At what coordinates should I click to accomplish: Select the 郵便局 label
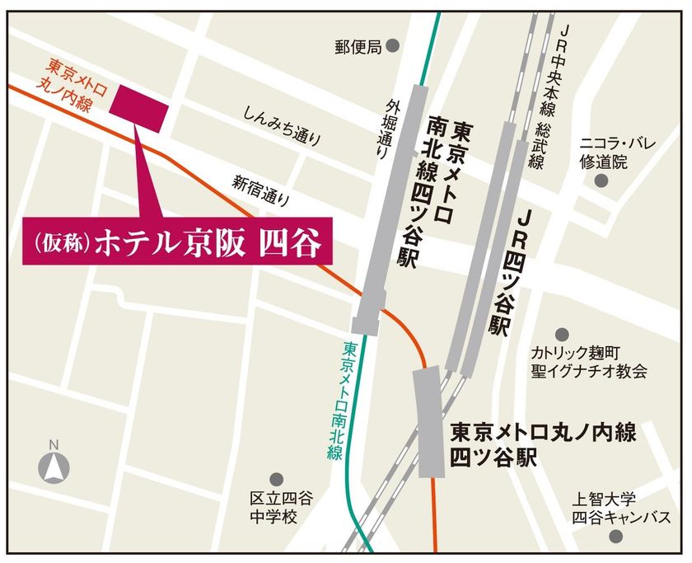coord(358,46)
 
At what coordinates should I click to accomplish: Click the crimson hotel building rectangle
coord(144,106)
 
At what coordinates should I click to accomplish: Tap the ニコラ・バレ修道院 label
coord(618,153)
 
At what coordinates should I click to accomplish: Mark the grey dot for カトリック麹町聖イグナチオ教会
coord(562,335)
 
